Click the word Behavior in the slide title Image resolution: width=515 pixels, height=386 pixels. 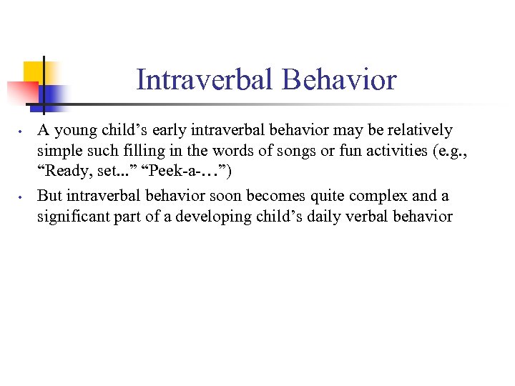click(x=339, y=79)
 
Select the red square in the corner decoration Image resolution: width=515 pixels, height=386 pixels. click(x=22, y=91)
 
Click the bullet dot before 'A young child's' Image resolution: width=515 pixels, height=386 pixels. click(x=22, y=132)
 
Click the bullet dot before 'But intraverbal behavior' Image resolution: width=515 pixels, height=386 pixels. click(x=22, y=197)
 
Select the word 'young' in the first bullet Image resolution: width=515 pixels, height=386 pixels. click(x=74, y=131)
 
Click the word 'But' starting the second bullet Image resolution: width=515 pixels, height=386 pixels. click(x=49, y=195)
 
